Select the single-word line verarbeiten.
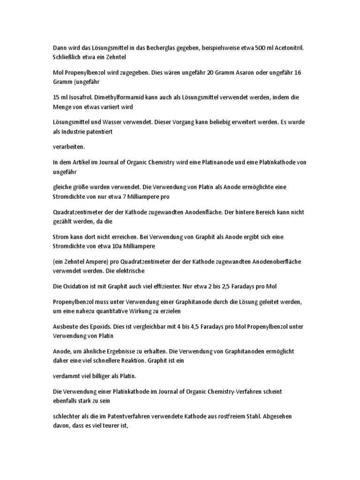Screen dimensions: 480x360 [68, 147]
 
